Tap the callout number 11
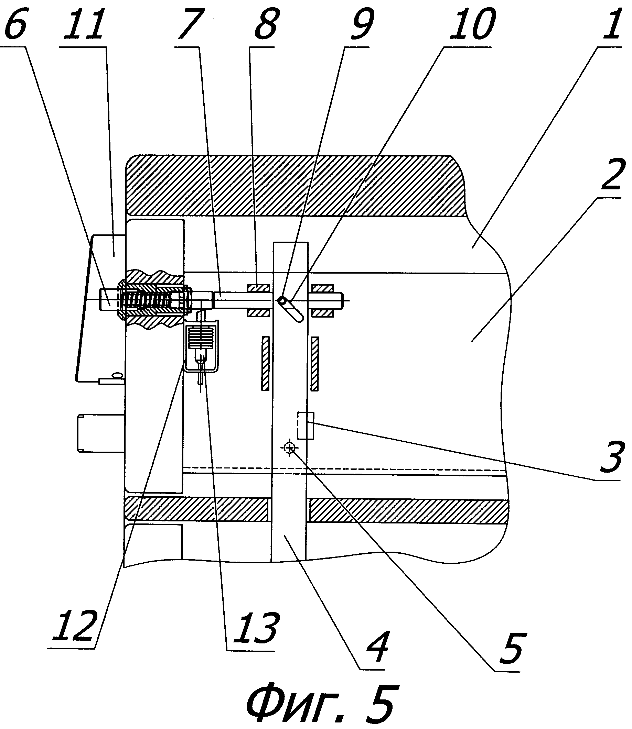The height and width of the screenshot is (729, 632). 84,25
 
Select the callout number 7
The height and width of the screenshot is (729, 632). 191,25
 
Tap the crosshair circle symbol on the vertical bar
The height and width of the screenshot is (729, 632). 290,448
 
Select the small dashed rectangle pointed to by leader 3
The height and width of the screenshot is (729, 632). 306,426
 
